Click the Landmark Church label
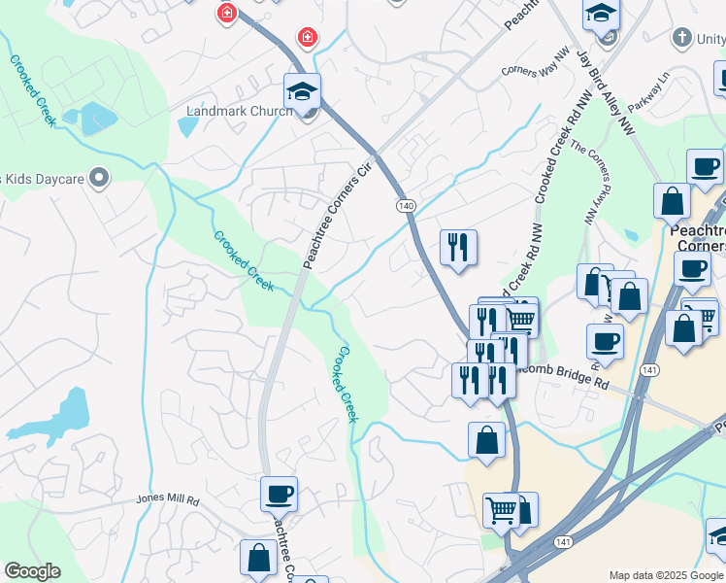coord(239,111)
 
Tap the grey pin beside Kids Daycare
coord(98,178)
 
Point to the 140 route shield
coord(406,206)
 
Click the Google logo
coord(32,571)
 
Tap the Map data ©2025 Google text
coord(666,575)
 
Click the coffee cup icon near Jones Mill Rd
coord(279,494)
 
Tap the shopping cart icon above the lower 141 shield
coord(501,509)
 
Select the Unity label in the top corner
coord(701,38)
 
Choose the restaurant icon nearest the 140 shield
coord(458,247)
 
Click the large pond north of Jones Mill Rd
coord(63,417)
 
